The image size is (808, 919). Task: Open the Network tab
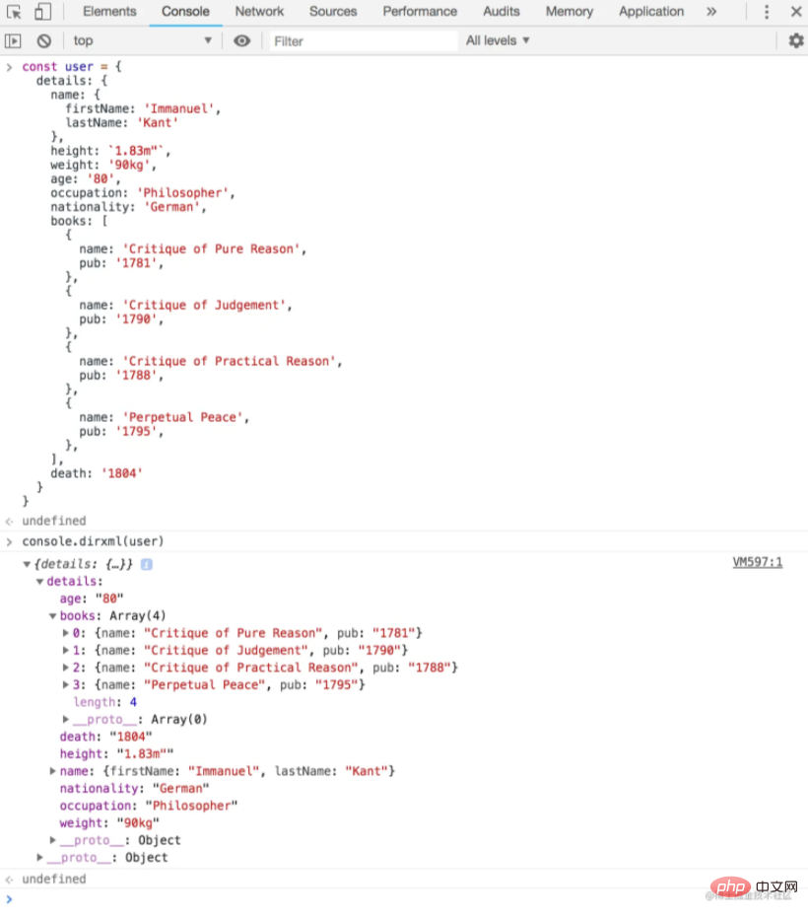(x=259, y=11)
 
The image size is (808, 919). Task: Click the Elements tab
(x=109, y=11)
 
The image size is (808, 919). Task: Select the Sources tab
(x=333, y=11)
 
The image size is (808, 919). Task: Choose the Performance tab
(x=420, y=11)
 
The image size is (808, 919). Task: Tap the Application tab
(x=651, y=11)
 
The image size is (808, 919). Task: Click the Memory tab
(x=570, y=11)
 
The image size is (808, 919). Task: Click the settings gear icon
(x=796, y=40)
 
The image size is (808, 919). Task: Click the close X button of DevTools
(x=796, y=11)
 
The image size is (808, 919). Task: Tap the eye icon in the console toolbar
(x=241, y=40)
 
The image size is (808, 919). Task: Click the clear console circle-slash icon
(x=44, y=40)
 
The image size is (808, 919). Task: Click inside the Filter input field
(x=363, y=41)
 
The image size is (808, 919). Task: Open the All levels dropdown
(x=498, y=40)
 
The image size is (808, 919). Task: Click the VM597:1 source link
(x=757, y=562)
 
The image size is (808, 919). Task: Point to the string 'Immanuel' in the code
(x=179, y=108)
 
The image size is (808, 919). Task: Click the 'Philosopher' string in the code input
(x=182, y=193)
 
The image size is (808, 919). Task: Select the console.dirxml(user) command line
(x=93, y=541)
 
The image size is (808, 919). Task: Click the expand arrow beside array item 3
(x=66, y=684)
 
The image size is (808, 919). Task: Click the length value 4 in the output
(x=133, y=701)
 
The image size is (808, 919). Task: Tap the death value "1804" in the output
(x=131, y=737)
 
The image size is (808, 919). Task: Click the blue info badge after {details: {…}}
(x=147, y=564)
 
